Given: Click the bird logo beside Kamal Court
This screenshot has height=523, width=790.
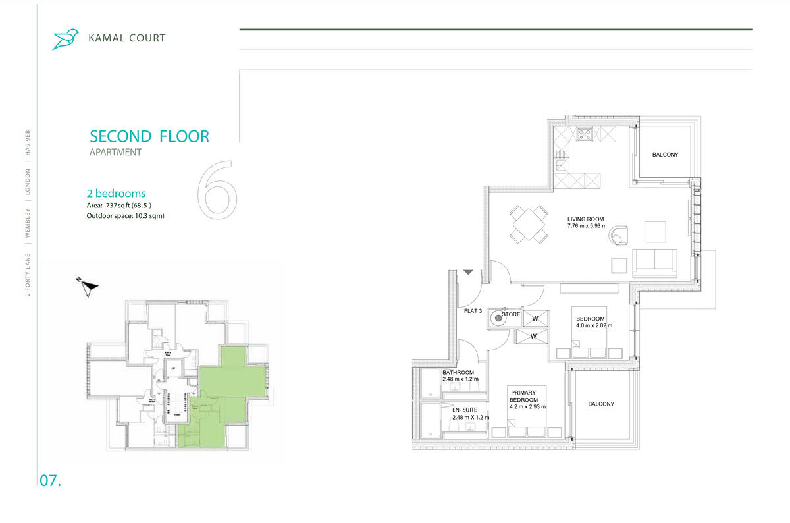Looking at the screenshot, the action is coord(65,39).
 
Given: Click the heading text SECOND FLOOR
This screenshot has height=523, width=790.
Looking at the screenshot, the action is coord(149,137).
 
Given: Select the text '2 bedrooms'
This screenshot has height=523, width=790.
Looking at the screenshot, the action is coord(116,194).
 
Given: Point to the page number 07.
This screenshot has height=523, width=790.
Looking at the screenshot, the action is coord(51,481).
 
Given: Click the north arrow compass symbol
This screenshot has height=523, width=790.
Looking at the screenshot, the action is coord(87,287).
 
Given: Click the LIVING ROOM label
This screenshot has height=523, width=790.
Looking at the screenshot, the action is coord(585,219).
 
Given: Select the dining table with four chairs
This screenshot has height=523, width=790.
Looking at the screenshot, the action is coord(529,224).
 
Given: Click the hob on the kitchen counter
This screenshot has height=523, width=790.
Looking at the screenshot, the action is coord(585,134).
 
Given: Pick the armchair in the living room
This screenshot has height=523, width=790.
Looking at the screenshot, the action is coord(619,234).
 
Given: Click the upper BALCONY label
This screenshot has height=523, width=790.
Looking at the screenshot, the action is coord(665,155).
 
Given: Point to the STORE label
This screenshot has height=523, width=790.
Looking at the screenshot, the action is coord(512,314).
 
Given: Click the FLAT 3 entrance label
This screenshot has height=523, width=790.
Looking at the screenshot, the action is coord(474,311).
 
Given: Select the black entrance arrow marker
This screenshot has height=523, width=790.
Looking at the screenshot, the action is coord(468,271).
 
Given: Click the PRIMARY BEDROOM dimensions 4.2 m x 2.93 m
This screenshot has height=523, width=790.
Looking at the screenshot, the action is coord(529,407).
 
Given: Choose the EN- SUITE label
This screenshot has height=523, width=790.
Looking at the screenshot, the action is coord(465,410).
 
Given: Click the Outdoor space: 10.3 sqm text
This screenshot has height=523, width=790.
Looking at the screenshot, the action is coord(125,215).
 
